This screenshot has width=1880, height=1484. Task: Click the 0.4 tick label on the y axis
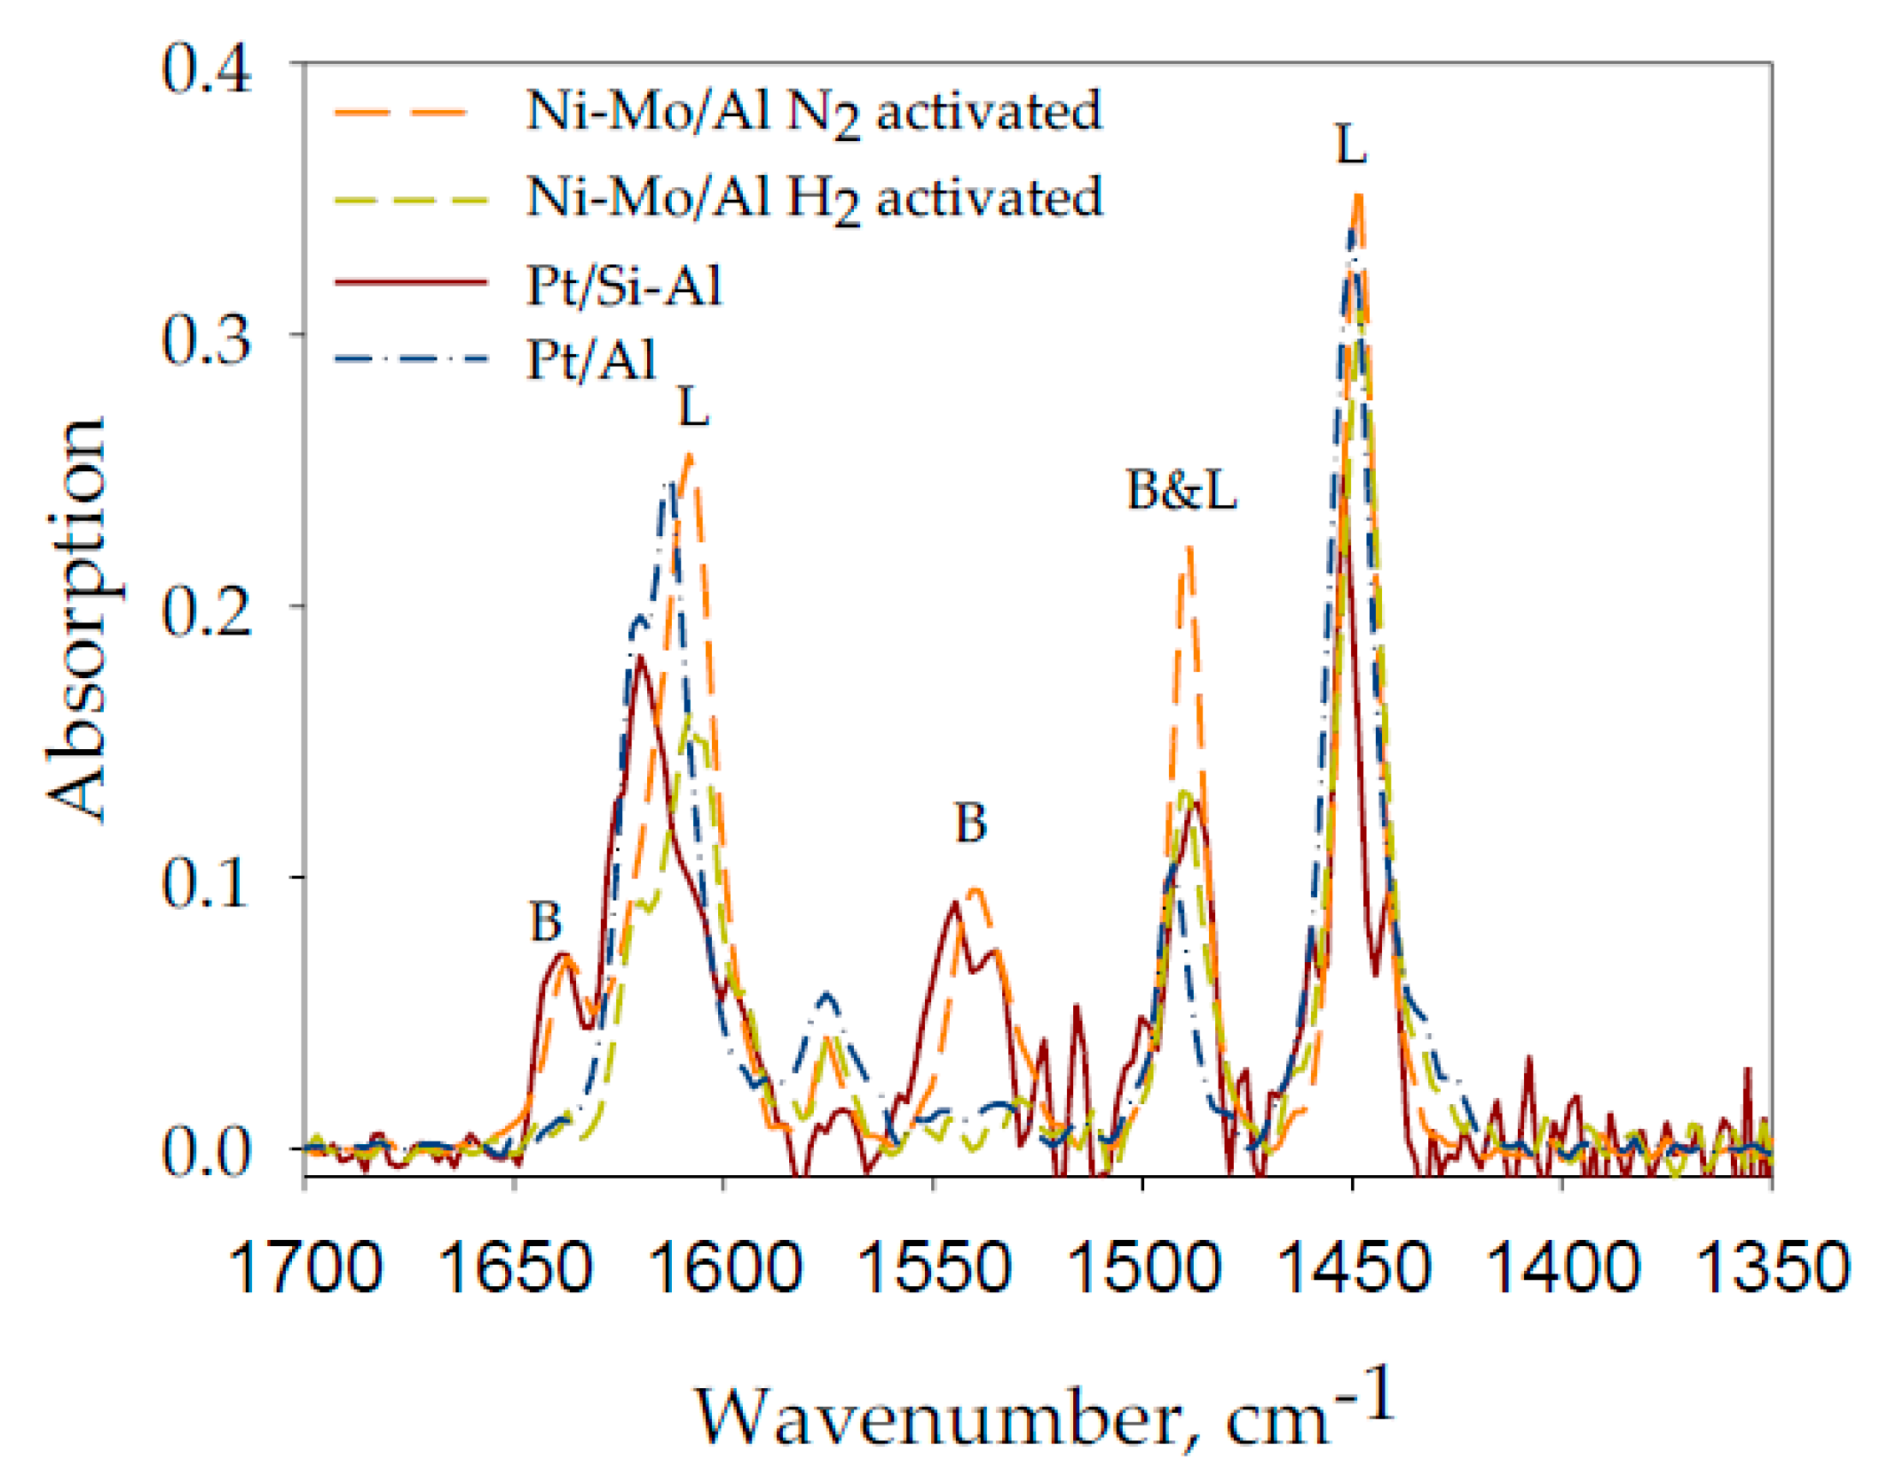click(x=206, y=69)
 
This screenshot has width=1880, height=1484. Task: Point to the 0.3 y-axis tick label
click(x=206, y=341)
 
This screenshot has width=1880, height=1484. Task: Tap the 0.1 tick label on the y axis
click(x=206, y=884)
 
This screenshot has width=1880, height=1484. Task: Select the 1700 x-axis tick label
click(x=305, y=1267)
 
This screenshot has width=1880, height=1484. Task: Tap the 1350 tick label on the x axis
click(x=1772, y=1267)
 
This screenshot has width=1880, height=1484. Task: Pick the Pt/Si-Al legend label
click(x=624, y=286)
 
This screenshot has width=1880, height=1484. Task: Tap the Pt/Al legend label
click(x=591, y=360)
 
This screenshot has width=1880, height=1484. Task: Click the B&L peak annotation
click(x=1181, y=490)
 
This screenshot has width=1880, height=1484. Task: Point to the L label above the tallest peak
click(x=1351, y=145)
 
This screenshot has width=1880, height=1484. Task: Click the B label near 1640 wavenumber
click(x=546, y=921)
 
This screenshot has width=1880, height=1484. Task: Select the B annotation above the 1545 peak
click(x=970, y=823)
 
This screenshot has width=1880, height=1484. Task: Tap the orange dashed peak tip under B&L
click(x=1189, y=550)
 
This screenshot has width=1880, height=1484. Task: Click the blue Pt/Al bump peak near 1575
click(x=827, y=995)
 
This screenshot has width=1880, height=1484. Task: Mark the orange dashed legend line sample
click(x=401, y=113)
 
